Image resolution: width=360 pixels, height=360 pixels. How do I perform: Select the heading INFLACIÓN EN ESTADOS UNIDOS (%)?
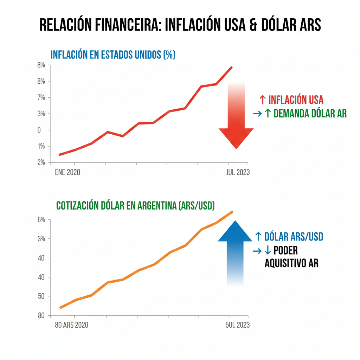tap(113, 55)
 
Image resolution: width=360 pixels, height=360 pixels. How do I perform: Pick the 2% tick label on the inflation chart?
tap(41, 162)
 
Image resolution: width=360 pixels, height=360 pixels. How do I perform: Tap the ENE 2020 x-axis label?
tap(67, 173)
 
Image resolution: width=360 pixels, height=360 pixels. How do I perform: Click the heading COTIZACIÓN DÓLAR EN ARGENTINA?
tap(135, 206)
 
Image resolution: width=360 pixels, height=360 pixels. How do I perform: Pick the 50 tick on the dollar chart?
tap(41, 296)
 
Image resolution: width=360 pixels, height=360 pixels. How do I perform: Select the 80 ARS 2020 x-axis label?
tap(72, 325)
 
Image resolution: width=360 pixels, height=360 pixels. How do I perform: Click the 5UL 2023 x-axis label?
tap(237, 325)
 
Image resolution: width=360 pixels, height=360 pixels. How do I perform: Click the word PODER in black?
tap(285, 251)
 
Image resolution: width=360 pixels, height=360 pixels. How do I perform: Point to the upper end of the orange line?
tap(232, 212)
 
